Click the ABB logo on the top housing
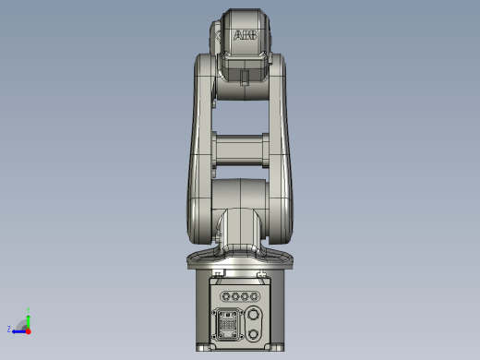(x=245, y=35)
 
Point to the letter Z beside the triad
(x=9, y=329)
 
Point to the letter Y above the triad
(x=29, y=310)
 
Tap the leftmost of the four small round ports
(x=223, y=297)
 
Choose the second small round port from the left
(x=234, y=297)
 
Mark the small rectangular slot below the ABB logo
(x=244, y=78)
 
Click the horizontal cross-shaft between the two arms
(x=241, y=150)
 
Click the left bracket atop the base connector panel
(x=217, y=274)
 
